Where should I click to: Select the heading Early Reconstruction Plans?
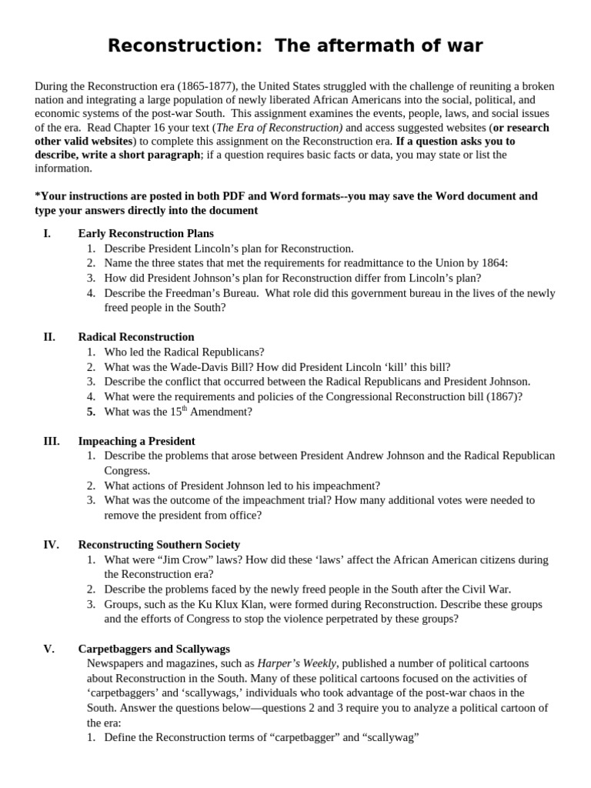tap(146, 233)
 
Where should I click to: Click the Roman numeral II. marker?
tap(49, 337)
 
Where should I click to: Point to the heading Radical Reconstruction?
tap(136, 337)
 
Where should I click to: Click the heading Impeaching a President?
tap(137, 441)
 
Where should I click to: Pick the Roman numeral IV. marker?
tap(51, 545)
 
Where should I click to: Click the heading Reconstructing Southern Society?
tap(159, 545)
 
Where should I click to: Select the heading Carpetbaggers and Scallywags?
tap(154, 649)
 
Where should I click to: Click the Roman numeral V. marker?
tap(48, 649)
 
